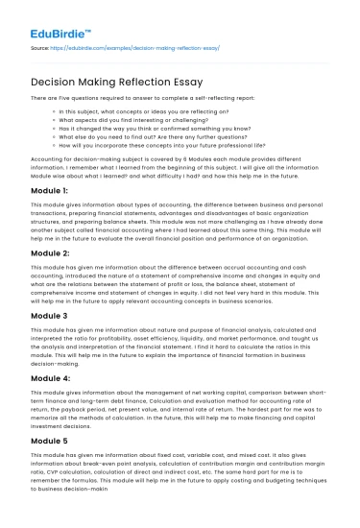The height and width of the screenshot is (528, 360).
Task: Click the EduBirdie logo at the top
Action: [x=46, y=15]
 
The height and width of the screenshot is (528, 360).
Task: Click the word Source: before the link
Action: [x=41, y=45]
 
